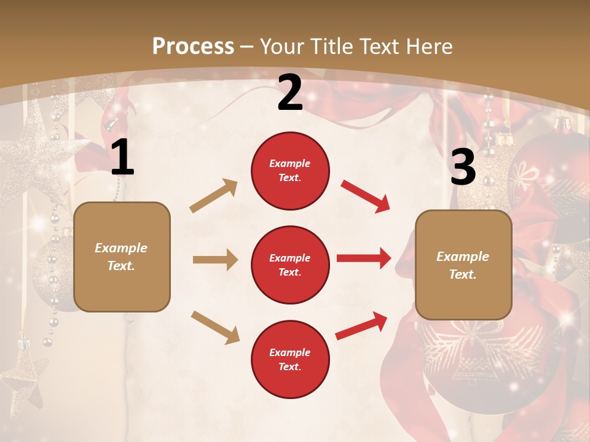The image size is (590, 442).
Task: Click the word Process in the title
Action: point(193,46)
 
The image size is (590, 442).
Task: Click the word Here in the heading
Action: point(429,46)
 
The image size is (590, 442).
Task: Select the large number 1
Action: point(122,158)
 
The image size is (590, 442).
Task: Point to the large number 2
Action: point(290,93)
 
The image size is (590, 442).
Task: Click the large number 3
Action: point(463,167)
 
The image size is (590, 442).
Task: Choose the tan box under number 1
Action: point(122,257)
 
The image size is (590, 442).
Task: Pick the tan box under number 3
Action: point(463,265)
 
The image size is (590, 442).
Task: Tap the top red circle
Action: point(290,170)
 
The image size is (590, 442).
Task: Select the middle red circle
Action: point(290,265)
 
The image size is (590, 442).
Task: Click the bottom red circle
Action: point(290,359)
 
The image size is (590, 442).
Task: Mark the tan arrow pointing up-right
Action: point(214,196)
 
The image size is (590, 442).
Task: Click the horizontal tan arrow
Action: point(215,260)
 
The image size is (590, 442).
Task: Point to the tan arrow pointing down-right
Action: point(215,327)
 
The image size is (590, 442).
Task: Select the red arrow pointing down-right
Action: point(365,196)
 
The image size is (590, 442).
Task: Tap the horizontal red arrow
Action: point(363,258)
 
